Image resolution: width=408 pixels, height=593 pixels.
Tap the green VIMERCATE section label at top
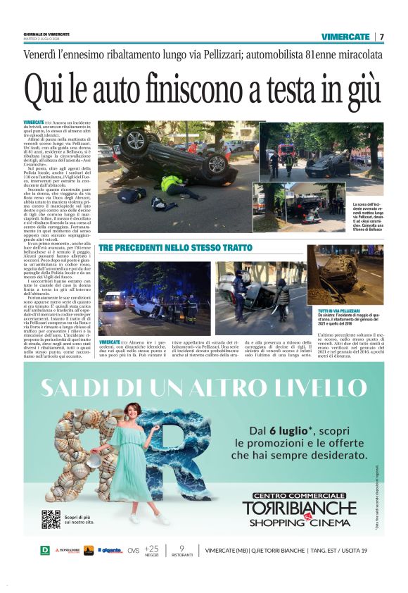pos(345,37)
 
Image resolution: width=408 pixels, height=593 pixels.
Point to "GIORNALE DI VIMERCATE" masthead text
pos(46,34)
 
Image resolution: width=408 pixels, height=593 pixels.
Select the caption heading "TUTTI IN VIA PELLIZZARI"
pos(340,310)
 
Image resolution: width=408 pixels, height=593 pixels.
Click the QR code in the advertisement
pos(51,519)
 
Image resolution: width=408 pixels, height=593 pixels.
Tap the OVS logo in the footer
pos(134,550)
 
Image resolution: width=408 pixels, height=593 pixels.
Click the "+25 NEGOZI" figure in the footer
pos(151,550)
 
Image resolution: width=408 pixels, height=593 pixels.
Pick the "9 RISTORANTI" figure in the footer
pos(181,550)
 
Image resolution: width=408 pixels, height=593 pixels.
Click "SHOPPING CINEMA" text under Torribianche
pos(300,522)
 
